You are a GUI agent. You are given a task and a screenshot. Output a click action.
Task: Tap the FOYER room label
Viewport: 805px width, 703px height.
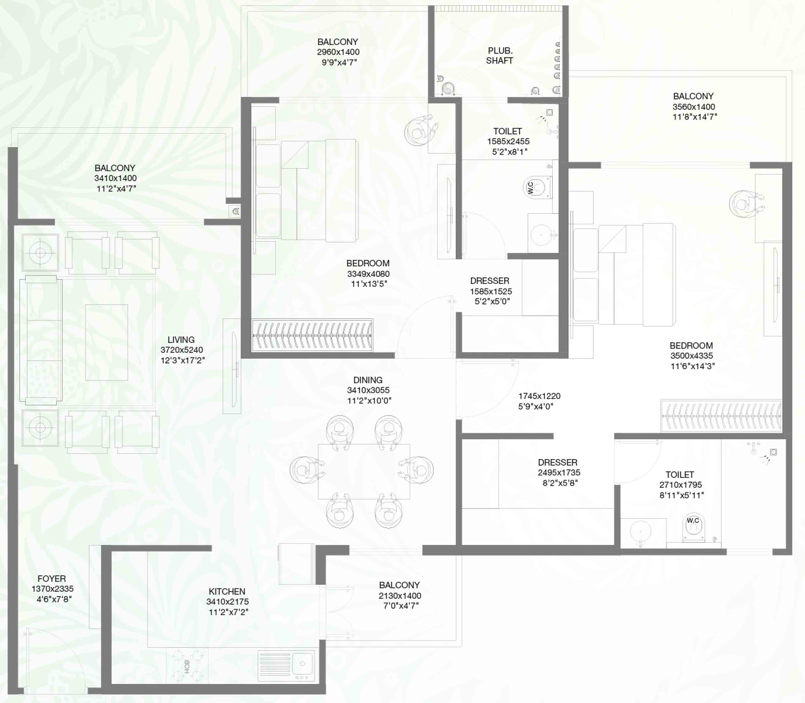52,578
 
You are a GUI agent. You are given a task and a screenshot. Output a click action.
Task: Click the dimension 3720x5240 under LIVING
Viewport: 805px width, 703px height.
182,350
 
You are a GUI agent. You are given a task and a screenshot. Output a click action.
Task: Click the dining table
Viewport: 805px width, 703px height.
364,471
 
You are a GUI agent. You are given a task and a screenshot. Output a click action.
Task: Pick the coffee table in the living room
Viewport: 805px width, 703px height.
107,342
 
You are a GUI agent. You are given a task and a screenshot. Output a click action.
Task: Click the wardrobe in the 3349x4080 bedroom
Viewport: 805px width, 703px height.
312,335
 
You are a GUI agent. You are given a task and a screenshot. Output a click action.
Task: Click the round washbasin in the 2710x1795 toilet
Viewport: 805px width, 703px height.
641,532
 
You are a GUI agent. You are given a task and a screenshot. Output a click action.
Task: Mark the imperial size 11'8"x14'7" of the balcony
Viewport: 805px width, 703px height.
694,117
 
